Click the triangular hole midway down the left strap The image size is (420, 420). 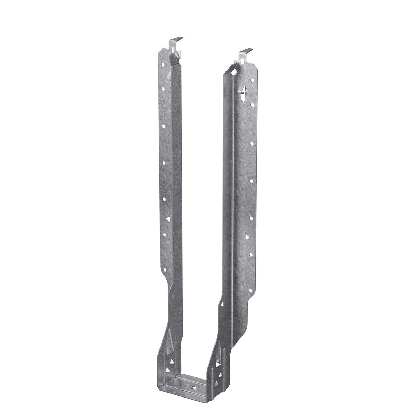pos(167,219)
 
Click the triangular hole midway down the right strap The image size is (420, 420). pos(247,237)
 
